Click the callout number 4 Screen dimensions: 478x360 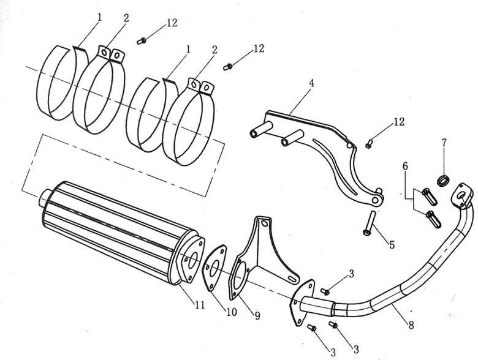pos(311,83)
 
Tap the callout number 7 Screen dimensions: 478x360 pos(444,142)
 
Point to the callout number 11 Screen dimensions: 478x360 pos(200,304)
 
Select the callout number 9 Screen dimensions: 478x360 pos(257,316)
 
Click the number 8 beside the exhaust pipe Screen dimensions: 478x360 pos(411,325)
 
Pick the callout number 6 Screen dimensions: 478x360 pos(405,166)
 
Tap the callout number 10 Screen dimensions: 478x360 pos(232,312)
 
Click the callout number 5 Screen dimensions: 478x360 pos(392,244)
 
